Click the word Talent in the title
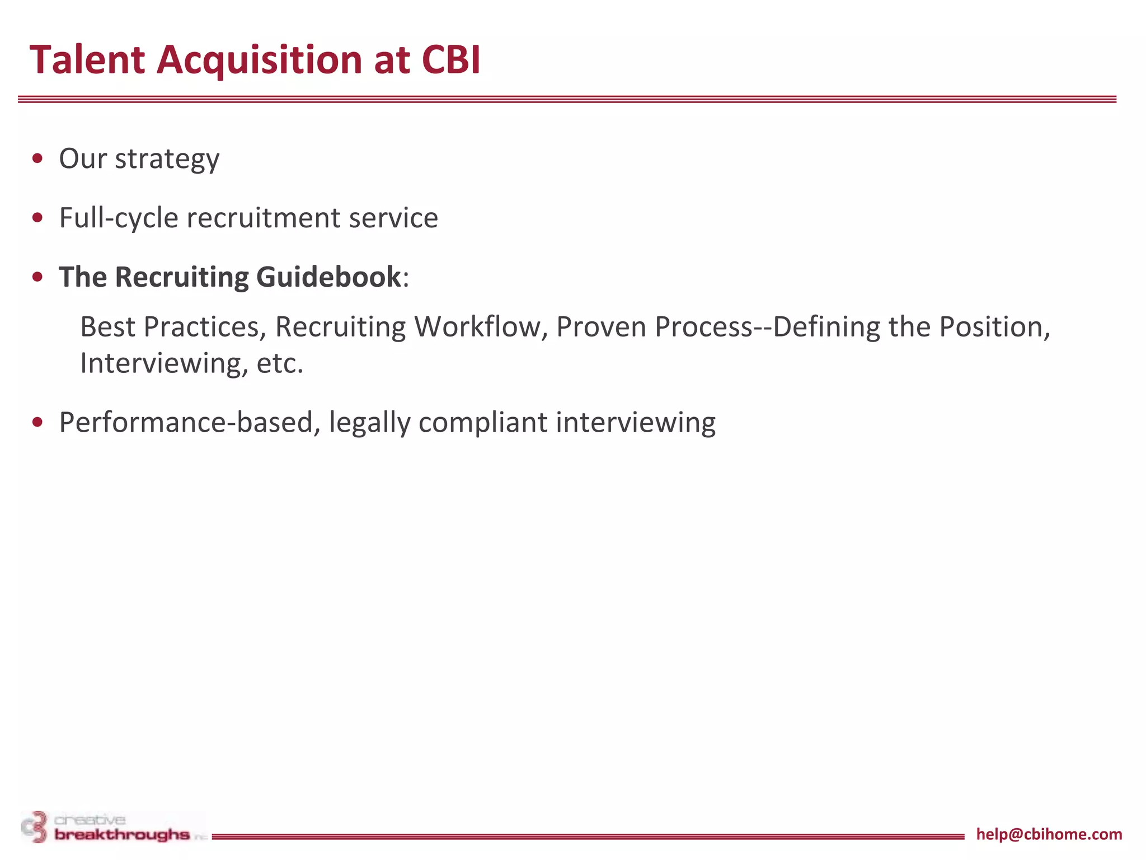[87, 59]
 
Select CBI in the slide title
[451, 59]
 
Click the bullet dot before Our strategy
[38, 158]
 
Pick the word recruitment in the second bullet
[263, 218]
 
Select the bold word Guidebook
[328, 277]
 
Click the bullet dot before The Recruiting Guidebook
[38, 277]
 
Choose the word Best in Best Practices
[107, 327]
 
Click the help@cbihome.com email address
[1049, 834]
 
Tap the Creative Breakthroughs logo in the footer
[112, 828]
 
